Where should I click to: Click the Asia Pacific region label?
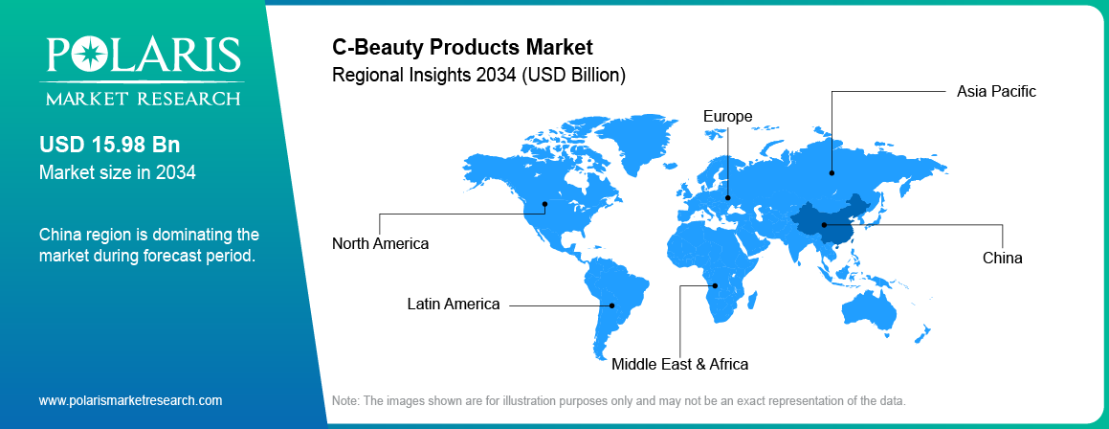tap(996, 92)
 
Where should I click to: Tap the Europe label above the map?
tap(727, 117)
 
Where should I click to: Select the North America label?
tap(380, 243)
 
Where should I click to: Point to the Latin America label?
tap(453, 305)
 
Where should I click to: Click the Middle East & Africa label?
tap(679, 364)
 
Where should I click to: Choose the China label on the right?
tap(1002, 258)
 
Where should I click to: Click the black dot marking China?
tap(824, 225)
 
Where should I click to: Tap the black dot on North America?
tap(545, 203)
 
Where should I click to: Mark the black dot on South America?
tap(612, 305)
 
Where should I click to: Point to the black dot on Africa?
tap(713, 285)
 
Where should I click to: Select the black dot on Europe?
tap(728, 199)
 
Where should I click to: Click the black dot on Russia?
tap(832, 173)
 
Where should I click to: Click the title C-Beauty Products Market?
tap(462, 46)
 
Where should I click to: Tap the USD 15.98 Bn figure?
tap(109, 145)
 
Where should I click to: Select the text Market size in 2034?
tap(117, 172)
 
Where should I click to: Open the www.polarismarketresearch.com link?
tap(130, 400)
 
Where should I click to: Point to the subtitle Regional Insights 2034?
tap(478, 74)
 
